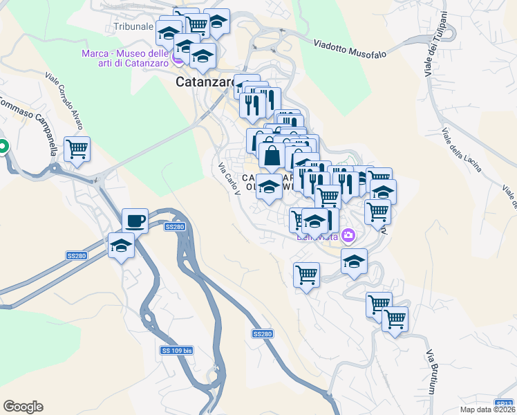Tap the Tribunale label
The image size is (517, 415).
[133, 26]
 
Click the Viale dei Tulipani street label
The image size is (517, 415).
[434, 43]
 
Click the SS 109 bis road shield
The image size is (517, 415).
[176, 351]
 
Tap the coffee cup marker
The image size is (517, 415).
[135, 221]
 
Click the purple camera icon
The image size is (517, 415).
[348, 236]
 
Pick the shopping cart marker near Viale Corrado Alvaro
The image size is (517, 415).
[77, 148]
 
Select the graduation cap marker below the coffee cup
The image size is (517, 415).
[121, 246]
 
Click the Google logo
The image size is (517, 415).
[23, 407]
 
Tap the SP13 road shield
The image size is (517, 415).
[505, 403]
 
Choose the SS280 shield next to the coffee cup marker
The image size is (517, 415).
[175, 227]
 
